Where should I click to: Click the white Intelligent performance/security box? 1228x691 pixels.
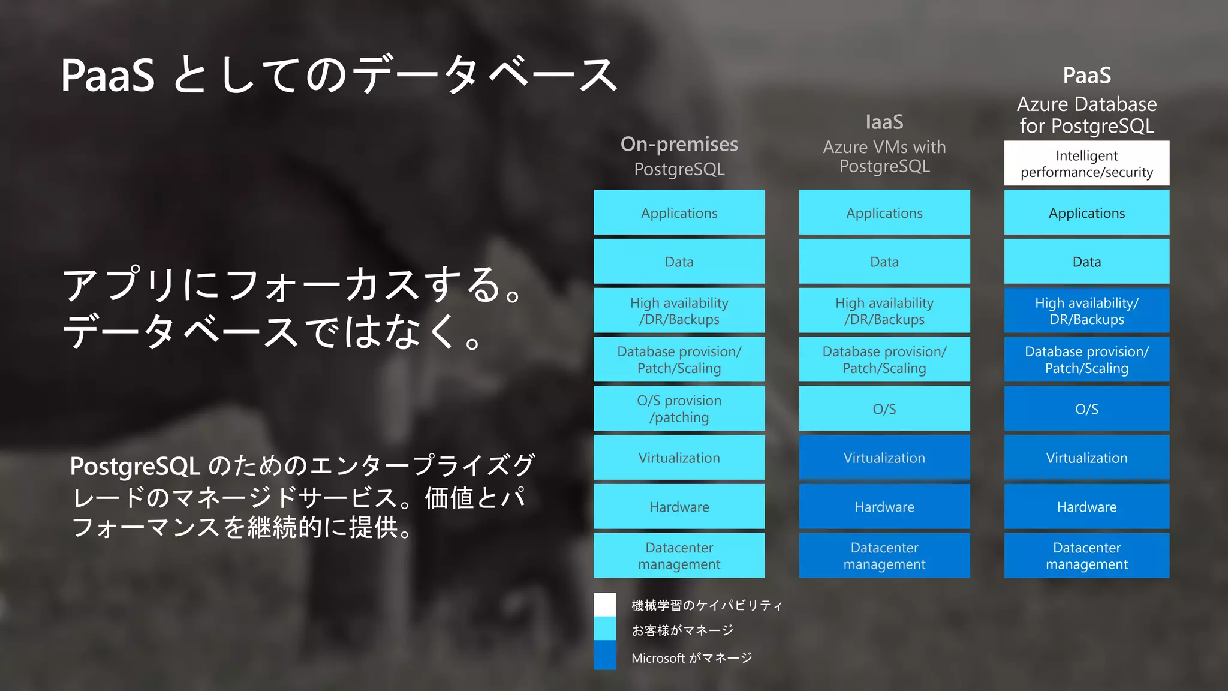1086,163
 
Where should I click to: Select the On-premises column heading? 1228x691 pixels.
679,145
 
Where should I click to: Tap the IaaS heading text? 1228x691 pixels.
884,122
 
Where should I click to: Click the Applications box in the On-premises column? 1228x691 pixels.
679,212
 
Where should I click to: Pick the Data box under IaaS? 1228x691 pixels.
884,262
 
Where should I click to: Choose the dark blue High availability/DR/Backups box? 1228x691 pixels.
1086,311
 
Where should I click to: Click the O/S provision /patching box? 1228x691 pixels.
679,408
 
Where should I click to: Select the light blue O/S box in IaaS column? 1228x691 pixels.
884,408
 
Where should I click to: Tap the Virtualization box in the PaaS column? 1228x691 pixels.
1086,458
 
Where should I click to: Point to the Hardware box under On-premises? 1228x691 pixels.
679,507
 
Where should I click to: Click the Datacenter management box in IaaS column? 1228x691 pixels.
884,555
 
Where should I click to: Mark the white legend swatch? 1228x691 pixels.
604,605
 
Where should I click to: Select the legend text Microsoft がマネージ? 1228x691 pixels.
691,658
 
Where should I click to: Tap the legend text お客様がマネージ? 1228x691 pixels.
682,630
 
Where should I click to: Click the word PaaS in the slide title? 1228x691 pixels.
108,76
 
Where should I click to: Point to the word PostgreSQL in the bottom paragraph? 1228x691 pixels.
135,467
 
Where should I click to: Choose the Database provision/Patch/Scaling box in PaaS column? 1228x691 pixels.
1086,360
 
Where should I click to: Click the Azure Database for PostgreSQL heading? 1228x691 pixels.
1086,115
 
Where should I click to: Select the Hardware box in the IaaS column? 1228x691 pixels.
884,507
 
